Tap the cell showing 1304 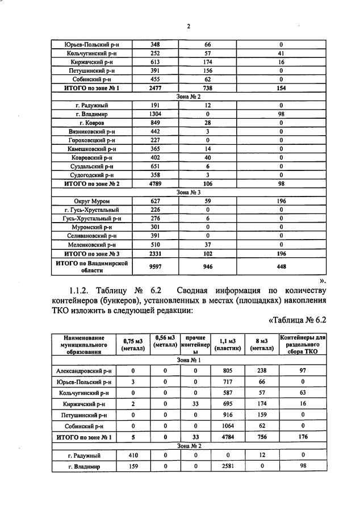156,114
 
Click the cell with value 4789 156,183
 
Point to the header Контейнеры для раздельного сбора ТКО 303,344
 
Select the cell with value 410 132,456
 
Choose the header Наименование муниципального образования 83,344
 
